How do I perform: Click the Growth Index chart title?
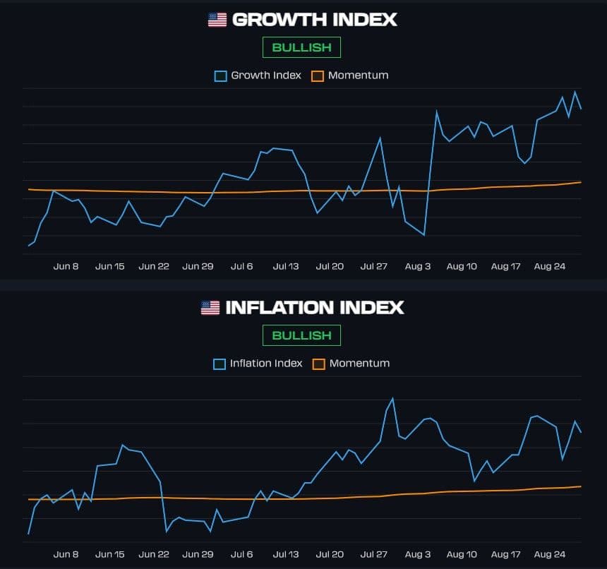314,20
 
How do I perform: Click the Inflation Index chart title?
314,308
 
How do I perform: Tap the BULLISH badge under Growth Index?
301,47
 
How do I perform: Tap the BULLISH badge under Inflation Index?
301,335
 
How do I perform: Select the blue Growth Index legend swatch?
221,76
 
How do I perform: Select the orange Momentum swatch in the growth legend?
318,76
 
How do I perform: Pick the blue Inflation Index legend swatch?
220,364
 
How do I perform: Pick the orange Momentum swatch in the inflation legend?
319,364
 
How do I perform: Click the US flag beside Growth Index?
217,20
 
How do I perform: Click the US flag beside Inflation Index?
210,308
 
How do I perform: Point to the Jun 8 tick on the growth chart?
66,266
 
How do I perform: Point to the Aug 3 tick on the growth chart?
418,266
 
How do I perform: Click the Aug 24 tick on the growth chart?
550,266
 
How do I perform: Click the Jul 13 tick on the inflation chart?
286,554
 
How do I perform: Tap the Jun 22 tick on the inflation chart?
154,554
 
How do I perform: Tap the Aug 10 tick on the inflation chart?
462,554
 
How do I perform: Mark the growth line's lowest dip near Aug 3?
424,234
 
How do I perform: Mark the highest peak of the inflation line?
392,399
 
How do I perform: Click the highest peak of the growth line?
575,92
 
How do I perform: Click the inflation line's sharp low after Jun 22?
167,531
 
